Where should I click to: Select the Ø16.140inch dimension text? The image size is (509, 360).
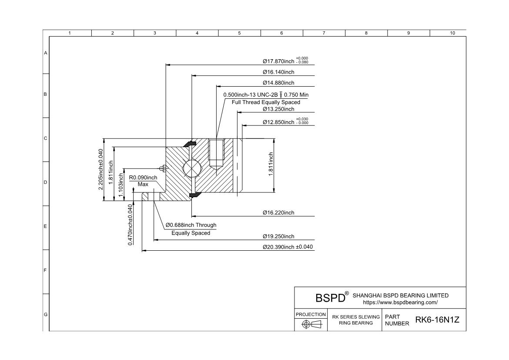pos(278,72)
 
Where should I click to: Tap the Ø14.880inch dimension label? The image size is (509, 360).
pos(278,83)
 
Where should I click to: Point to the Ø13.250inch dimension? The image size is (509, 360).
pos(278,109)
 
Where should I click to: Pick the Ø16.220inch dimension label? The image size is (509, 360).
pos(278,213)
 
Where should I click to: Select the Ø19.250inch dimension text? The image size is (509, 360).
pos(278,236)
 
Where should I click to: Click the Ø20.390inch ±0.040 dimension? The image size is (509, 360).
pos(288,247)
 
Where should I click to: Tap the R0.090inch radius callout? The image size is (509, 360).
pos(143,181)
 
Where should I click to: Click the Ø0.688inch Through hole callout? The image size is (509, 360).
pos(191,229)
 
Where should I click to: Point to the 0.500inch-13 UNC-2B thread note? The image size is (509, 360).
pos(266,98)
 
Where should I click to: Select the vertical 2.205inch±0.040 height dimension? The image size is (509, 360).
pos(101,170)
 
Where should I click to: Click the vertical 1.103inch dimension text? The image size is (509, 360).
pos(121,185)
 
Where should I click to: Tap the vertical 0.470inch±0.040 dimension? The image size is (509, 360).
pos(131,225)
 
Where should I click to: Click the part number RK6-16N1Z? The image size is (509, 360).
pos(437,320)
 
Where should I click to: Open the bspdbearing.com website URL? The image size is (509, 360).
pos(400,303)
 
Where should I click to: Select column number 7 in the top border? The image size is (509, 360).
pos(324,33)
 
